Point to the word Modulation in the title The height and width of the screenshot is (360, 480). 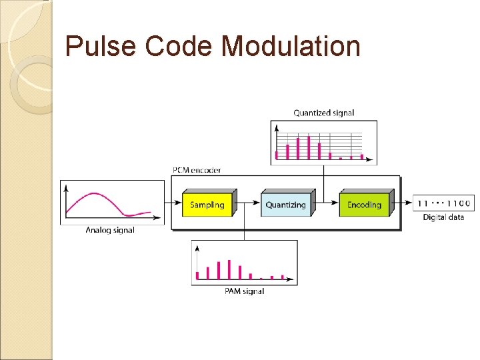click(291, 47)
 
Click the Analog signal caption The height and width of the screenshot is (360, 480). click(110, 231)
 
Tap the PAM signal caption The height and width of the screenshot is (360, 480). click(244, 291)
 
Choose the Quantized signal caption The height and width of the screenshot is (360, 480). click(323, 113)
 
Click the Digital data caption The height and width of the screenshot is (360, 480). click(443, 217)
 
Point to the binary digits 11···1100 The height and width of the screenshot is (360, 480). click(443, 203)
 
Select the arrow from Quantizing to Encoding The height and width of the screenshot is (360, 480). click(327, 202)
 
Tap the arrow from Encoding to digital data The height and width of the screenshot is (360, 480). click(403, 202)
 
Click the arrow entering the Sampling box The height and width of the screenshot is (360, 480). click(173, 202)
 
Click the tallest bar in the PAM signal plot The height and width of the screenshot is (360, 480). click(229, 269)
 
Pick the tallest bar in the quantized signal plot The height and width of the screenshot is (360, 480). click(309, 147)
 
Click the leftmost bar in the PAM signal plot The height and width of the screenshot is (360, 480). click(197, 275)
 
